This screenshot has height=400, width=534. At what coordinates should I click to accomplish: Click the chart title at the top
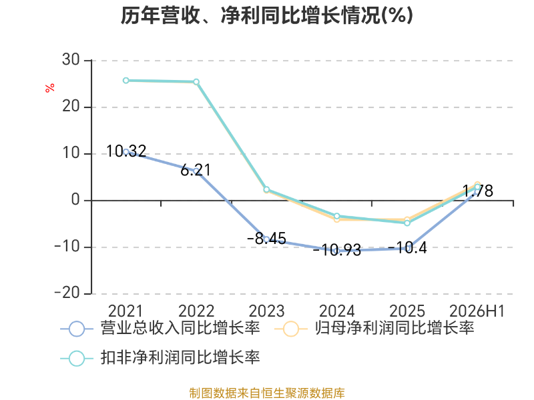pyautogui.click(x=266, y=15)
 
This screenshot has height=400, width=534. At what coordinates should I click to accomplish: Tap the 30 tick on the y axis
pyautogui.click(x=71, y=60)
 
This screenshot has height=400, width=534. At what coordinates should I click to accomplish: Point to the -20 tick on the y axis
pyautogui.click(x=67, y=293)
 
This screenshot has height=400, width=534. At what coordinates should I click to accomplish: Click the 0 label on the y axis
pyautogui.click(x=75, y=199)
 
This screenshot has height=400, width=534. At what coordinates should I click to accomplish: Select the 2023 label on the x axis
pyautogui.click(x=266, y=311)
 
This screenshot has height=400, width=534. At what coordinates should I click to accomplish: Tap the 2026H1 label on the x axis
pyautogui.click(x=477, y=311)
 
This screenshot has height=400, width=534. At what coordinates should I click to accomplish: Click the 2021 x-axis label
pyautogui.click(x=125, y=311)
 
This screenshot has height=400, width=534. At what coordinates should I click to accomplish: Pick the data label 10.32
pyautogui.click(x=126, y=151)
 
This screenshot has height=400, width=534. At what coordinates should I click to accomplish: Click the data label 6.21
pyautogui.click(x=196, y=170)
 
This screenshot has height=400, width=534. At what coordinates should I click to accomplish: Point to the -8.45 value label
pyautogui.click(x=266, y=239)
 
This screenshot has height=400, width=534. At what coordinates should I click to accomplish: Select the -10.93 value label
pyautogui.click(x=337, y=251)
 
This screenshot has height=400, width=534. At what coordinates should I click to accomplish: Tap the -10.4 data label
pyautogui.click(x=407, y=248)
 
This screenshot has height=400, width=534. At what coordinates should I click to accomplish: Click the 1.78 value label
pyautogui.click(x=478, y=191)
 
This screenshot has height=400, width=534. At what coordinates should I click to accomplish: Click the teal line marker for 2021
pyautogui.click(x=126, y=81)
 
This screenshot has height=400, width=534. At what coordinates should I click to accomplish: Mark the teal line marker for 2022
pyautogui.click(x=196, y=82)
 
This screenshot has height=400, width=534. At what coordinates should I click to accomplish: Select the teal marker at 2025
pyautogui.click(x=407, y=223)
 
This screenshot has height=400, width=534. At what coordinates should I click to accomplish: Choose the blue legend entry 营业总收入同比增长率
pyautogui.click(x=160, y=329)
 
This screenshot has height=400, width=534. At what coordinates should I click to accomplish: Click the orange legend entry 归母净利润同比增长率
pyautogui.click(x=374, y=329)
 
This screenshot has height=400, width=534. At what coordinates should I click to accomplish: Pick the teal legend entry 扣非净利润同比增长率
pyautogui.click(x=160, y=358)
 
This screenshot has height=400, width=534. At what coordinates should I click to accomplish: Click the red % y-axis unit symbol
pyautogui.click(x=49, y=88)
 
